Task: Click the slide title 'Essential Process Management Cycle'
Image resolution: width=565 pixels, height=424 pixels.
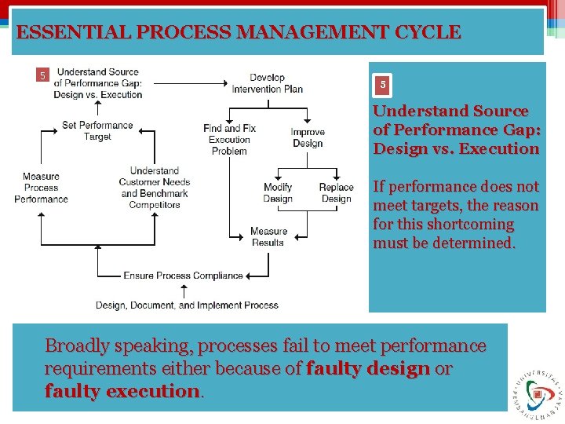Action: (x=239, y=32)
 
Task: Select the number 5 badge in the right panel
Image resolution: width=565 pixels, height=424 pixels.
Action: (x=382, y=84)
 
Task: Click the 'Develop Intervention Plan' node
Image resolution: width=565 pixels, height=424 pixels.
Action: (x=267, y=83)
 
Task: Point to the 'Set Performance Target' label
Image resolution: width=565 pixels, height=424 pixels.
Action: (x=97, y=130)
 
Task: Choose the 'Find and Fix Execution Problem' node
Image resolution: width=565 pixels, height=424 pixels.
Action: (x=229, y=139)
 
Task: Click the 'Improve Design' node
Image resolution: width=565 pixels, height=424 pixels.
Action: (x=308, y=137)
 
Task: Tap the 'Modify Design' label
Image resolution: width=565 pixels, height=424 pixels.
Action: (x=278, y=192)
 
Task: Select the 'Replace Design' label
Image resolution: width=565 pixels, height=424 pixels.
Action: (x=336, y=192)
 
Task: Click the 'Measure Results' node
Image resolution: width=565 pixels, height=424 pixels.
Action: (x=268, y=236)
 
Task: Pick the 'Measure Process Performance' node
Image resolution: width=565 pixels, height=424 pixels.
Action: (x=41, y=188)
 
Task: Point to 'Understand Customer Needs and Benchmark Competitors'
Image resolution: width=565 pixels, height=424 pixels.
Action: (x=155, y=188)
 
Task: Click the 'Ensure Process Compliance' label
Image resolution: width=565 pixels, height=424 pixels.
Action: (x=183, y=276)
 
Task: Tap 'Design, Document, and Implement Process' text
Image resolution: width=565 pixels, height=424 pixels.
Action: (x=187, y=305)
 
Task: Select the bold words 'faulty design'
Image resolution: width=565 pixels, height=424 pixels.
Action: (x=368, y=368)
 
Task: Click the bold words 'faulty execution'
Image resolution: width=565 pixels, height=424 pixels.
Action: (x=122, y=390)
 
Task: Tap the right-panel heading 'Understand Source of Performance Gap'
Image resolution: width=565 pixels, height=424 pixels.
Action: (x=455, y=130)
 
